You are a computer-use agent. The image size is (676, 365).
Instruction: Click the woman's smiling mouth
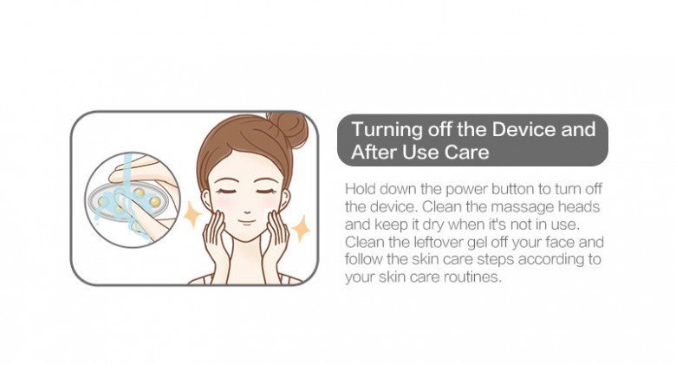[245, 221]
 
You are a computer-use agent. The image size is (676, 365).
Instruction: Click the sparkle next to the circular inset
[192, 212]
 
